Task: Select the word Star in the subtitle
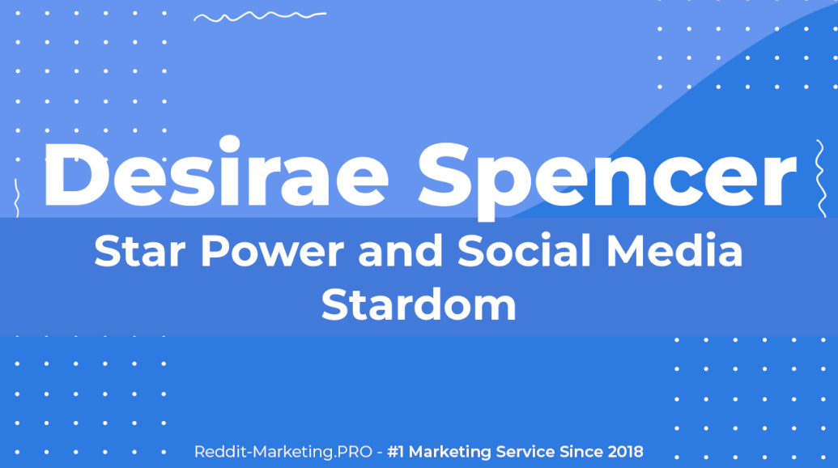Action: tap(139, 250)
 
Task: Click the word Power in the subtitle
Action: tap(272, 250)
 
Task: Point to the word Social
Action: tap(525, 250)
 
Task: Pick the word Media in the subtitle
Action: tap(674, 250)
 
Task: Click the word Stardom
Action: tap(419, 304)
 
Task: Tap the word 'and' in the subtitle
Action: tap(401, 250)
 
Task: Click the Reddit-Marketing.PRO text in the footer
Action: tap(283, 452)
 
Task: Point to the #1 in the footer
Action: tap(395, 452)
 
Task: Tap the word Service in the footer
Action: tap(525, 452)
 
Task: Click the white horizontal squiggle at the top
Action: tap(260, 16)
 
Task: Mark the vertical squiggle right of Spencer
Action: tap(820, 178)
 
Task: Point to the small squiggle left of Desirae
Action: tap(16, 198)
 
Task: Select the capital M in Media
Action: tap(625, 250)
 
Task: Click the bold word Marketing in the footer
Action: tap(450, 453)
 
